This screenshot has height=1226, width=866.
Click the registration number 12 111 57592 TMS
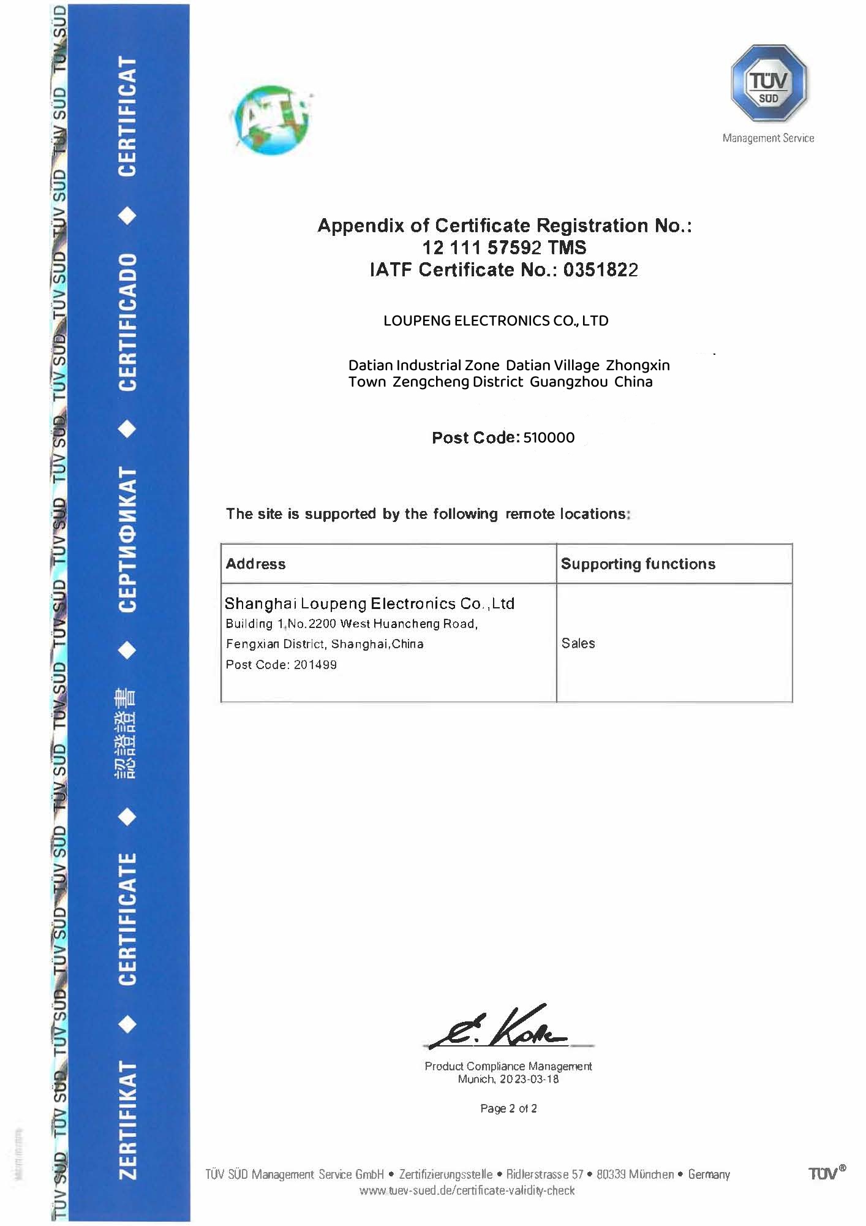pyautogui.click(x=504, y=248)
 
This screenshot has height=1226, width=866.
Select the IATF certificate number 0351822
pyautogui.click(x=600, y=270)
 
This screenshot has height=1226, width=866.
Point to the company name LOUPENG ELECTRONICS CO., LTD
pyautogui.click(x=495, y=321)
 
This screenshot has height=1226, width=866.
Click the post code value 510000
pyautogui.click(x=549, y=437)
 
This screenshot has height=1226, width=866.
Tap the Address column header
pyautogui.click(x=255, y=564)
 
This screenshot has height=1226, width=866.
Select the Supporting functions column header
pyautogui.click(x=638, y=564)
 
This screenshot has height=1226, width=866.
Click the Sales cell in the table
pyautogui.click(x=578, y=643)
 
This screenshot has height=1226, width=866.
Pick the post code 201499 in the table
pyautogui.click(x=315, y=665)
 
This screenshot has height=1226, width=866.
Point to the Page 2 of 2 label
pyautogui.click(x=508, y=1108)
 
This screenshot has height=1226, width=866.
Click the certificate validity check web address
pyautogui.click(x=467, y=1190)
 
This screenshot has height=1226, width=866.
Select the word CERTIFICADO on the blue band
pyautogui.click(x=127, y=322)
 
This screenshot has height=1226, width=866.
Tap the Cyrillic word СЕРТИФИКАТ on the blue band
pyautogui.click(x=127, y=539)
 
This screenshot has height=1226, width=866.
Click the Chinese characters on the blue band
pyautogui.click(x=126, y=733)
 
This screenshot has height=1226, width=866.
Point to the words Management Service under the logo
pyautogui.click(x=768, y=138)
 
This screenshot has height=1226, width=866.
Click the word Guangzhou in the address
pyautogui.click(x=568, y=382)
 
